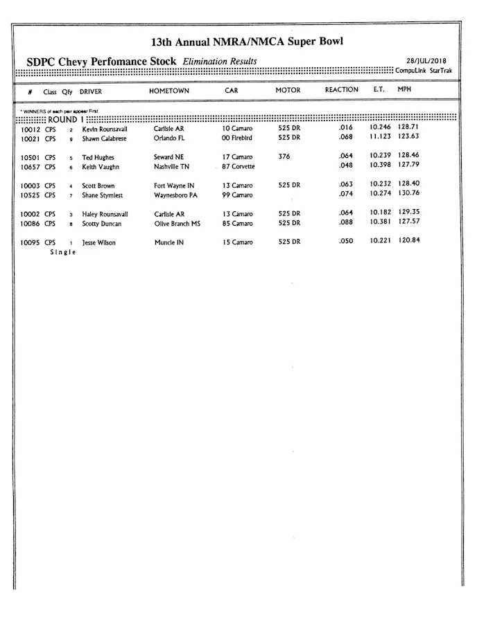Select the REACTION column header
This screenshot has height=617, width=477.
(x=341, y=90)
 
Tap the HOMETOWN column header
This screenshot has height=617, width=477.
(x=168, y=91)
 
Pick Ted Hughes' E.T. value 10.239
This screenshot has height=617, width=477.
(x=380, y=156)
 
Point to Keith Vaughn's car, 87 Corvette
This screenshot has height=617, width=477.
(x=238, y=167)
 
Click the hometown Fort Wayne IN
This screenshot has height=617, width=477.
(x=174, y=186)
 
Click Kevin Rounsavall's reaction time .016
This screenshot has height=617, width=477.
(x=347, y=128)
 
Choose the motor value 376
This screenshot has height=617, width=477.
(x=284, y=157)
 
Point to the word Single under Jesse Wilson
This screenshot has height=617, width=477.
(x=62, y=252)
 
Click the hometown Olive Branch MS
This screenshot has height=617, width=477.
(x=177, y=224)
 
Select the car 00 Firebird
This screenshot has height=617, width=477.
(x=238, y=138)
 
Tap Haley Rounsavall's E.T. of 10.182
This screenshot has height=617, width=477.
(x=380, y=212)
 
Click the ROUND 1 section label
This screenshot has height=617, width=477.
(x=67, y=119)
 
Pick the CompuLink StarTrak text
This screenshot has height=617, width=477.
(x=423, y=71)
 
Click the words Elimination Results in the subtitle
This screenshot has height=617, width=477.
(x=219, y=62)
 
